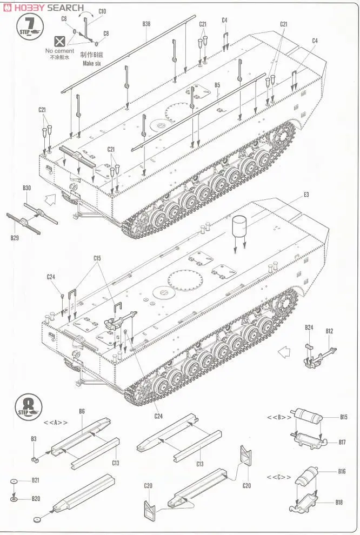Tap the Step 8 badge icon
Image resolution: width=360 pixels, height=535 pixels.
(x=29, y=406)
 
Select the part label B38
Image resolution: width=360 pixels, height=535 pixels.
(x=146, y=23)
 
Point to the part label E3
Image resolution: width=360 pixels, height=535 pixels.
(x=306, y=194)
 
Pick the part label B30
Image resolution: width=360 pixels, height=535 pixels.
(x=27, y=188)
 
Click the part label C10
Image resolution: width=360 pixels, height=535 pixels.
(x=103, y=11)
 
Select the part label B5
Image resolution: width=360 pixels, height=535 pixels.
(x=217, y=85)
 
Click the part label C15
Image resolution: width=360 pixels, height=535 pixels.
(x=97, y=258)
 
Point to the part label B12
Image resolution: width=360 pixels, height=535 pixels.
(x=329, y=331)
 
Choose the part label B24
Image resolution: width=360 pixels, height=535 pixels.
(x=309, y=327)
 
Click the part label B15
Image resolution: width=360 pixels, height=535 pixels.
(x=344, y=417)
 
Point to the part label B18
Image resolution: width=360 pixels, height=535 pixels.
(x=339, y=502)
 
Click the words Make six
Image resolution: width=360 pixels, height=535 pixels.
(x=92, y=63)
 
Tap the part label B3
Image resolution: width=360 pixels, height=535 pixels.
(x=34, y=439)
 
